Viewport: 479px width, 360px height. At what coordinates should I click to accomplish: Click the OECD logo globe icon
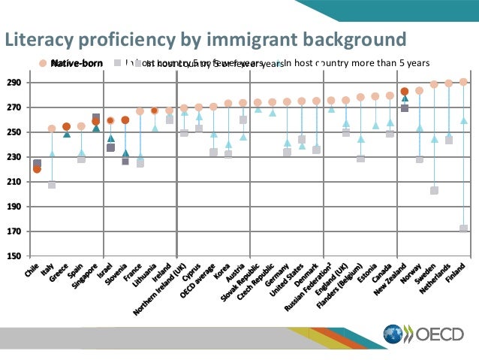tap(394, 334)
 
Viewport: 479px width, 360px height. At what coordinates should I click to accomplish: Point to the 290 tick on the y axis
tap(15, 83)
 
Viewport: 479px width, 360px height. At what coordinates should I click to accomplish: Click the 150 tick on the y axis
tap(15, 256)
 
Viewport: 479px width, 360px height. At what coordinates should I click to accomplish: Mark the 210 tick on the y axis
tap(15, 182)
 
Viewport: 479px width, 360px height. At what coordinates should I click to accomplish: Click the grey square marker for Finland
tap(464, 228)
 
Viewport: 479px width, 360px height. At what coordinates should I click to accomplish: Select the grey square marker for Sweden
tap(434, 191)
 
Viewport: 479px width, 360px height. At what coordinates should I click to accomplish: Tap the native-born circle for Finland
tap(464, 82)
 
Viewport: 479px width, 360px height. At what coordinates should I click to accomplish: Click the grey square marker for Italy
tap(52, 184)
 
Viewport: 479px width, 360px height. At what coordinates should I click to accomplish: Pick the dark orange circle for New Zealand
tap(405, 92)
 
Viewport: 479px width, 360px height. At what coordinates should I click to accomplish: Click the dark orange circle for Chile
tap(37, 169)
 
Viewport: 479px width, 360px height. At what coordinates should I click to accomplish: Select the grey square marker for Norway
tap(419, 159)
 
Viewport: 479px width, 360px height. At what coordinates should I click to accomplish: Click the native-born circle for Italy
tap(52, 129)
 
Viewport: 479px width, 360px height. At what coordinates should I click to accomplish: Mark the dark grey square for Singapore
tap(96, 118)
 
